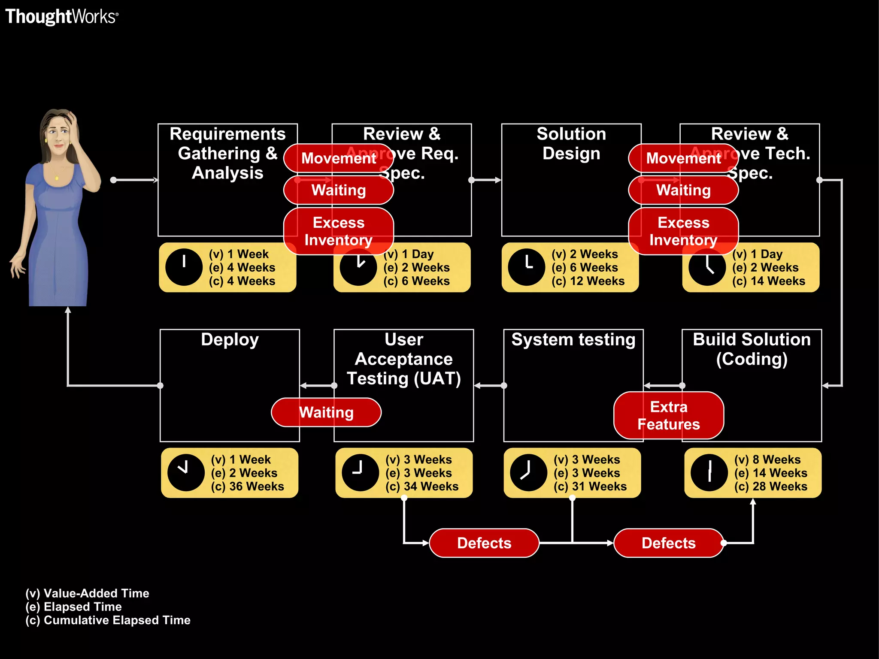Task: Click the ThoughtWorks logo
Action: (x=61, y=17)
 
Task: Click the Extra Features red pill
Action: (x=668, y=415)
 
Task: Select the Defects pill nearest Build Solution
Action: (x=668, y=543)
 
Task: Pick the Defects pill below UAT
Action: (x=484, y=543)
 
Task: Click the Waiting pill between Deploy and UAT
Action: (x=326, y=412)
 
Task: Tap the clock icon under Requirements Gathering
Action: (x=184, y=267)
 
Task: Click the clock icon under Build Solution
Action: (x=709, y=473)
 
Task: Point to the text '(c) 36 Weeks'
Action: (x=247, y=487)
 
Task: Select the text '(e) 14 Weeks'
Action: (x=770, y=473)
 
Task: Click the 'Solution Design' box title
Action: (x=571, y=144)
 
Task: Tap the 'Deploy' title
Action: (x=230, y=339)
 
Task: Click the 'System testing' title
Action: (x=573, y=339)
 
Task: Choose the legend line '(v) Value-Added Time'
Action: (x=87, y=593)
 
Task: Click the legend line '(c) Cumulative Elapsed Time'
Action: (x=108, y=620)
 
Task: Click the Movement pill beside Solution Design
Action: (x=683, y=158)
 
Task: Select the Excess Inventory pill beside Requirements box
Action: (x=338, y=231)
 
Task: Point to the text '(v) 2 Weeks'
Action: (x=585, y=254)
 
